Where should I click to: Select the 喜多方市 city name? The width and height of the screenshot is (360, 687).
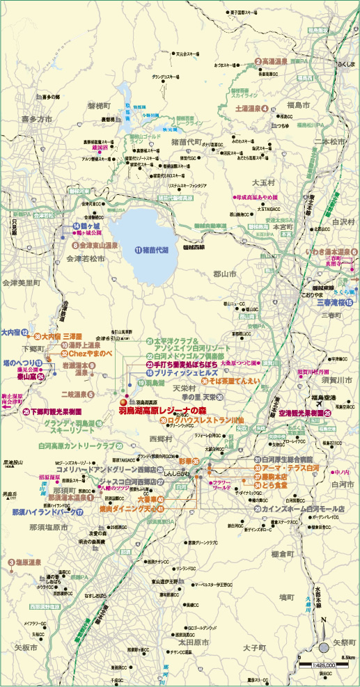(x=36, y=120)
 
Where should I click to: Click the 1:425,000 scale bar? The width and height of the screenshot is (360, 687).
(x=324, y=664)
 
